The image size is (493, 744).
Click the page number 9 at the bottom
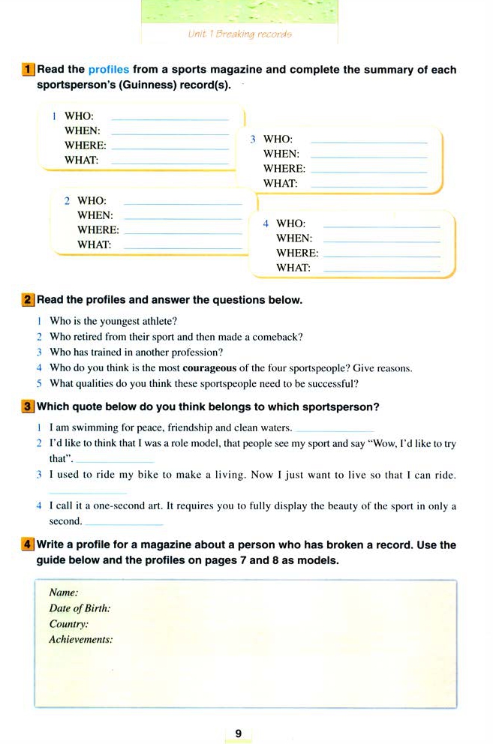pyautogui.click(x=238, y=733)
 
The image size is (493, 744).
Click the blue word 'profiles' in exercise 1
pyautogui.click(x=109, y=70)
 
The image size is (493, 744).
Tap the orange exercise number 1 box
pyautogui.click(x=29, y=70)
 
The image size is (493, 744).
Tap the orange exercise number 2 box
pyautogui.click(x=29, y=300)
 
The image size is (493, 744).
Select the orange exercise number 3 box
pyautogui.click(x=29, y=407)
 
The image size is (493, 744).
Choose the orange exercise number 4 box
pyautogui.click(x=29, y=545)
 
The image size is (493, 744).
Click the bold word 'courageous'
pyautogui.click(x=209, y=368)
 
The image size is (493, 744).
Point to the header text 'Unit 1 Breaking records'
pyautogui.click(x=239, y=34)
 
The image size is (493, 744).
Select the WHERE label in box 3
pyautogui.click(x=284, y=169)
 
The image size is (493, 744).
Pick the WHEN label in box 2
pyautogui.click(x=95, y=215)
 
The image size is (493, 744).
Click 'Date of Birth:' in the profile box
pyautogui.click(x=80, y=608)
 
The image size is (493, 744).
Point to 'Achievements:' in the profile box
pyautogui.click(x=80, y=640)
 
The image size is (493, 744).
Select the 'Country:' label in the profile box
pyautogui.click(x=68, y=624)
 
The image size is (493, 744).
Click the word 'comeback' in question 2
pyautogui.click(x=281, y=337)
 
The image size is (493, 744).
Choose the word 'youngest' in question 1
pyautogui.click(x=119, y=321)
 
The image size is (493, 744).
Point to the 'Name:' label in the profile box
pyautogui.click(x=64, y=592)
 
